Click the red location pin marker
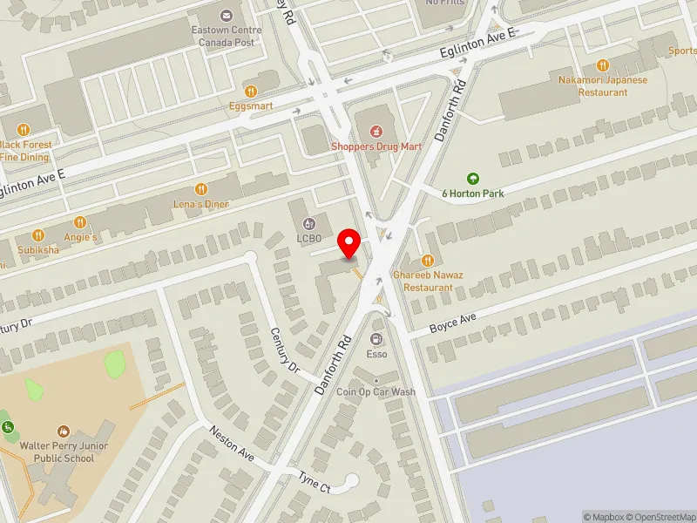(350, 243)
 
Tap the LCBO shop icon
(308, 224)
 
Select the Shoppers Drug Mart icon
(376, 132)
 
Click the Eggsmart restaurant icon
(251, 91)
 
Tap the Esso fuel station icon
(376, 339)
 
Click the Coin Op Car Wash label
(377, 392)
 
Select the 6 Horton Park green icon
(473, 178)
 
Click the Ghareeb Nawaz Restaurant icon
(427, 260)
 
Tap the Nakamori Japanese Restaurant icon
(602, 65)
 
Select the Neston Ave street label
(231, 443)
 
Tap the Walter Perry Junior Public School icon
(63, 431)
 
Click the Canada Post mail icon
(227, 15)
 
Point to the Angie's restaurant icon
(80, 222)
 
